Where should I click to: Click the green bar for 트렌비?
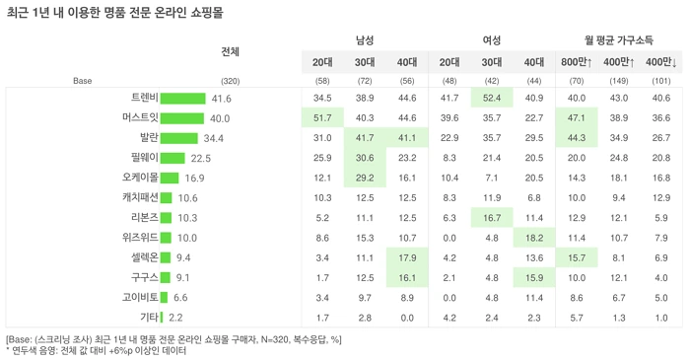(x=182, y=99)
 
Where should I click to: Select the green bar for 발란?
(x=178, y=138)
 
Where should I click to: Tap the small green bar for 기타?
(x=162, y=318)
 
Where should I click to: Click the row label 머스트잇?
(x=140, y=118)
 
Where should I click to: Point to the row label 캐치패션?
(x=140, y=197)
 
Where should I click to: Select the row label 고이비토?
(x=140, y=298)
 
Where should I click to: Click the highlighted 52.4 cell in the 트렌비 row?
(x=492, y=98)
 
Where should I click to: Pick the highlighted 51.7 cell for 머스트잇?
(x=322, y=118)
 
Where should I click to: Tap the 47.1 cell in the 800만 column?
(x=577, y=118)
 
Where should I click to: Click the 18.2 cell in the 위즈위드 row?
(x=534, y=238)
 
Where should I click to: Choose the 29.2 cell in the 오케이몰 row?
(x=365, y=178)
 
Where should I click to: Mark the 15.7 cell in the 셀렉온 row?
(x=577, y=257)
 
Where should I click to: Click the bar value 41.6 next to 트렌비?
(x=222, y=99)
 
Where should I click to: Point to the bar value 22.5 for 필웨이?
(x=201, y=159)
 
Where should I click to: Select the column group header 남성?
(x=365, y=40)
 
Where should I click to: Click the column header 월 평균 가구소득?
(x=619, y=40)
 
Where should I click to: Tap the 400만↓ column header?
(x=661, y=62)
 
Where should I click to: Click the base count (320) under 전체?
(x=230, y=81)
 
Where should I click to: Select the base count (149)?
(x=619, y=81)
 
